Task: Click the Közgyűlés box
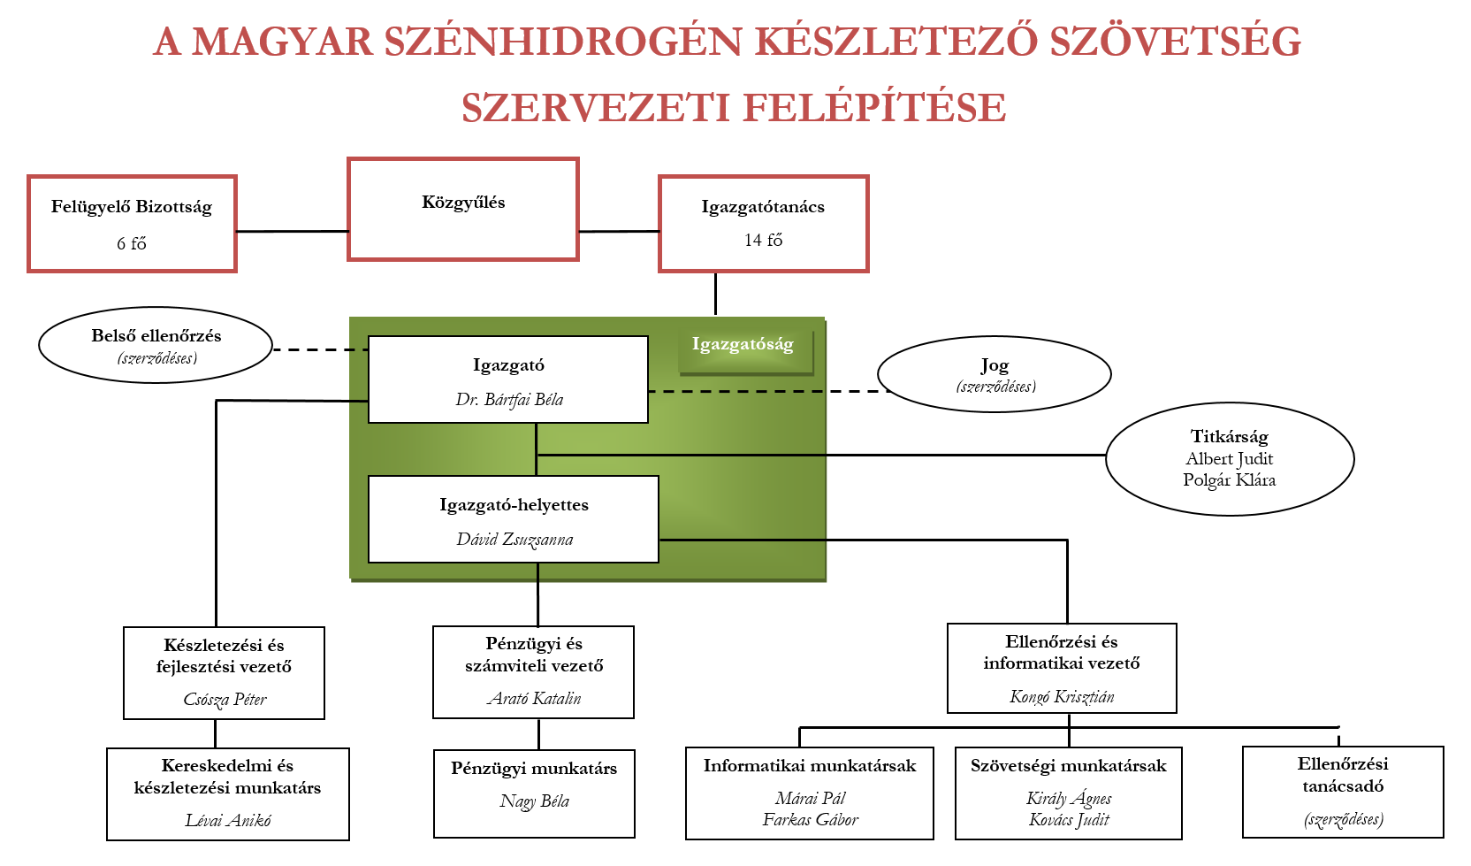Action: click(463, 210)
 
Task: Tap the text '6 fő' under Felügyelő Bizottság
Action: click(132, 243)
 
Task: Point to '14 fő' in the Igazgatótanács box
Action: click(763, 240)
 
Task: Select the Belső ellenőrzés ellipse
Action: click(156, 345)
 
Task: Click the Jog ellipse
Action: click(995, 374)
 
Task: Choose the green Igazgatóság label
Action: click(743, 344)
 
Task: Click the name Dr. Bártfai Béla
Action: click(509, 399)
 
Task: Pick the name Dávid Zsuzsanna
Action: click(514, 539)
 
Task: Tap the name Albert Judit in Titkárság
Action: click(1229, 458)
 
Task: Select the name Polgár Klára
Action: click(1229, 479)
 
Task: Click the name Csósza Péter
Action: click(225, 699)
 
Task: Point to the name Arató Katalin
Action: click(534, 698)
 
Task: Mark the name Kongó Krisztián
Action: click(1062, 696)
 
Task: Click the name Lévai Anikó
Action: click(228, 820)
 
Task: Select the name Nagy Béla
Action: click(534, 801)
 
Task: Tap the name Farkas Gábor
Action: click(810, 819)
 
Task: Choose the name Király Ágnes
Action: click(1069, 798)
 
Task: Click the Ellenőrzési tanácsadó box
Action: click(1343, 792)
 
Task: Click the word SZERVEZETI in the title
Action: click(595, 108)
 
